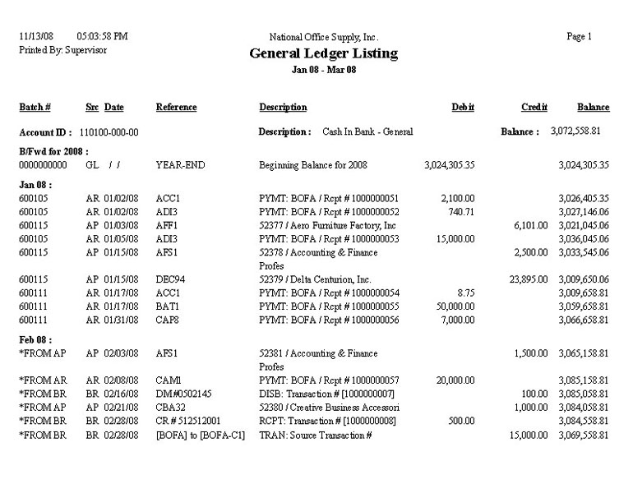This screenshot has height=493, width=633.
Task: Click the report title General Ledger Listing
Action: [x=323, y=54]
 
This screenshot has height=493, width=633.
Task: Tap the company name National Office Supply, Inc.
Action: [x=323, y=37]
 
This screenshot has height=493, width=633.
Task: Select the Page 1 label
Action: [x=580, y=37]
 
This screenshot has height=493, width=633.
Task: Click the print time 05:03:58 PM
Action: [x=102, y=37]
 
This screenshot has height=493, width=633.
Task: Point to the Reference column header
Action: [x=176, y=108]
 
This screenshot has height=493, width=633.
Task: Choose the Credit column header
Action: [x=534, y=108]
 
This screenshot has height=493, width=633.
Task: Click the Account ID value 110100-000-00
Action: [x=109, y=131]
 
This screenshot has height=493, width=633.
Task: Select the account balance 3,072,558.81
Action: [x=580, y=131]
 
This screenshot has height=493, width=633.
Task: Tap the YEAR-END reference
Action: [x=180, y=165]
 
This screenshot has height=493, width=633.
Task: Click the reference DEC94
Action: [x=170, y=279]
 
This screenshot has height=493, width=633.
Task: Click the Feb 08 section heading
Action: [x=35, y=339]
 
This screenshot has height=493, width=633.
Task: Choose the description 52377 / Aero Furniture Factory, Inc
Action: [x=328, y=225]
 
